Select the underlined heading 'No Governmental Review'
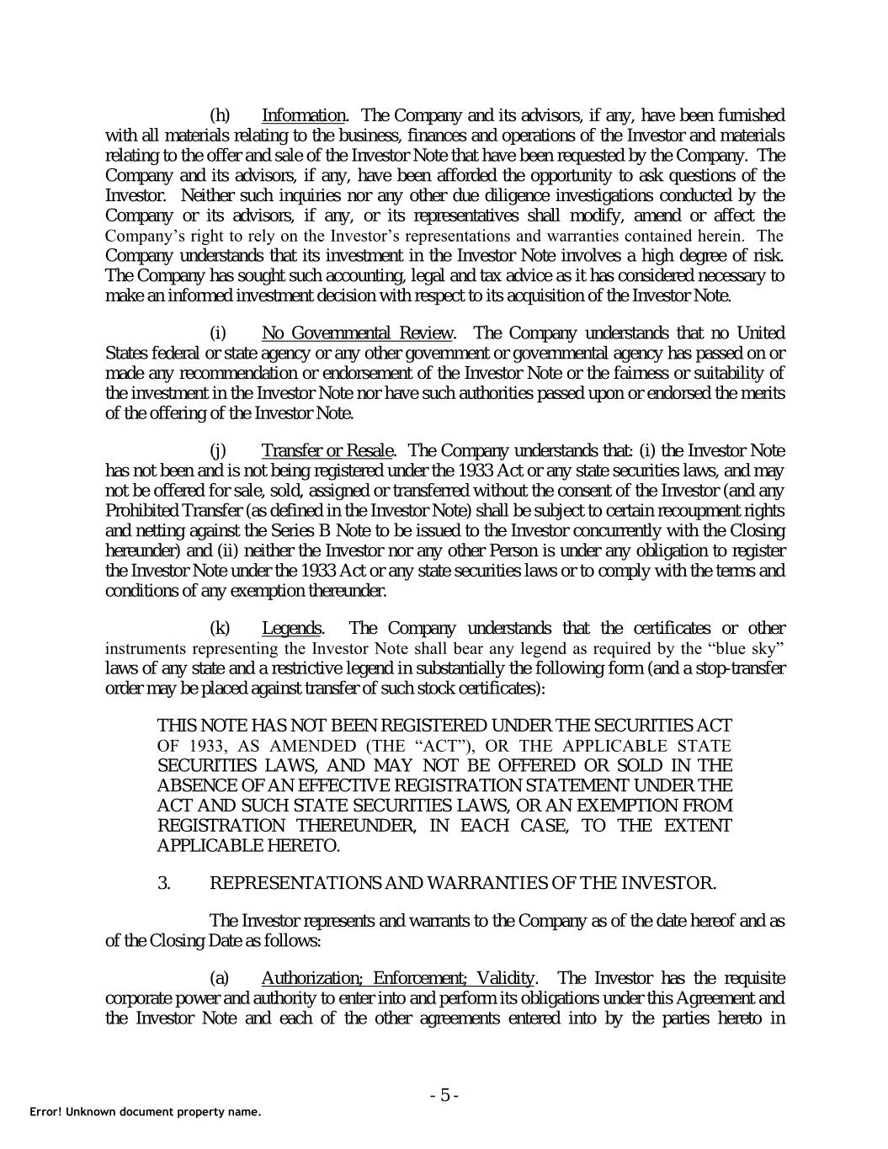point(359,332)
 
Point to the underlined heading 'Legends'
point(291,629)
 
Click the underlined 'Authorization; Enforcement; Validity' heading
point(398,978)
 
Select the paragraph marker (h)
point(220,115)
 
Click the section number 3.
point(165,883)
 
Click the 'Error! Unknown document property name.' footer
point(146,1112)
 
